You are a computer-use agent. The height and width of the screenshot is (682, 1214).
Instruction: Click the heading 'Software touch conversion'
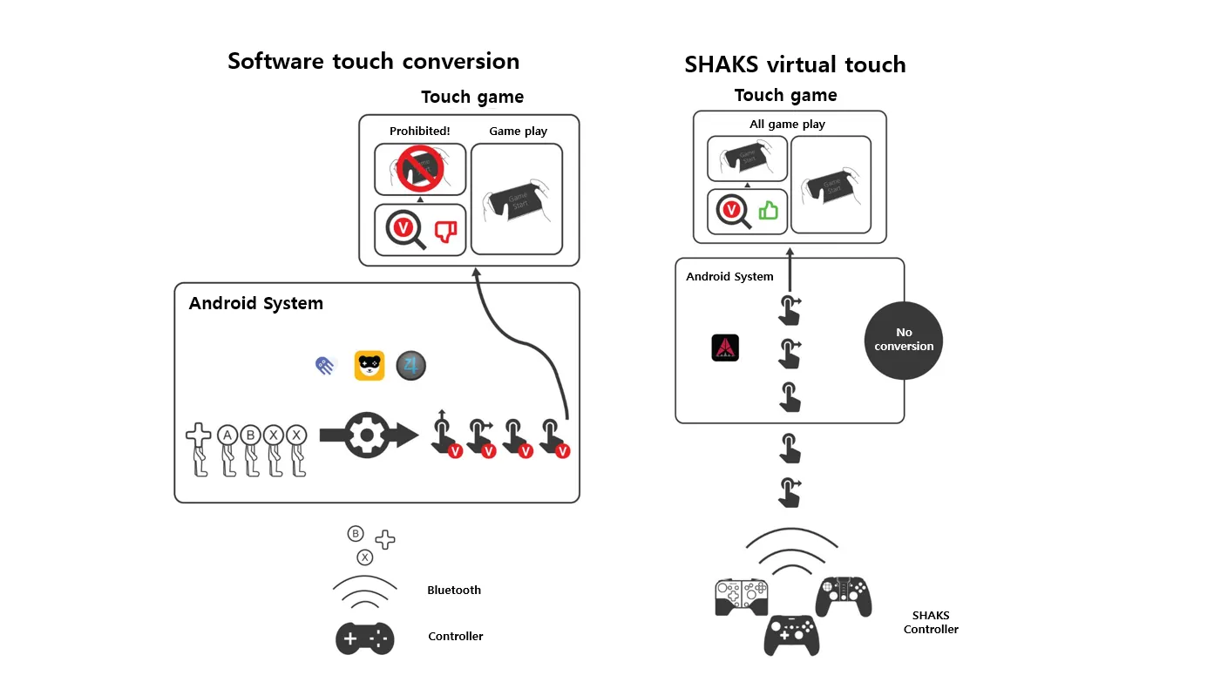pyautogui.click(x=373, y=61)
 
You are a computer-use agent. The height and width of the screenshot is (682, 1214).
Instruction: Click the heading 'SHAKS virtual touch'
pyautogui.click(x=795, y=64)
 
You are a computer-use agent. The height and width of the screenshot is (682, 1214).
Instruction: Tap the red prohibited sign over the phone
pyautogui.click(x=420, y=167)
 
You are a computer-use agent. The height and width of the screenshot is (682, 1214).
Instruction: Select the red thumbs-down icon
pyautogui.click(x=445, y=231)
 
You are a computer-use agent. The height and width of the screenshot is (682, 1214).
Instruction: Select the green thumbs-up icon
pyautogui.click(x=768, y=211)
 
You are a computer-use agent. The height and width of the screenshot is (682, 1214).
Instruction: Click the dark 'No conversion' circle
pyautogui.click(x=904, y=340)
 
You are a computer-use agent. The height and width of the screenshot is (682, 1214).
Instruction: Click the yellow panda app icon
pyautogui.click(x=370, y=366)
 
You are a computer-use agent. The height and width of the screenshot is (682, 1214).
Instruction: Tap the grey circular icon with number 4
pyautogui.click(x=410, y=366)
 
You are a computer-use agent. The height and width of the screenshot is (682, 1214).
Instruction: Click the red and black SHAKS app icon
pyautogui.click(x=725, y=348)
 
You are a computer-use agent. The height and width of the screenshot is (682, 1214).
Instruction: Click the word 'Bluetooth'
pyautogui.click(x=454, y=591)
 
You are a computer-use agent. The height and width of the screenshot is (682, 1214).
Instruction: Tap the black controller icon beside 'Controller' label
pyautogui.click(x=365, y=638)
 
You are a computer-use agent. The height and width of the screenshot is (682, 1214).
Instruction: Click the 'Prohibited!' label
pyautogui.click(x=419, y=132)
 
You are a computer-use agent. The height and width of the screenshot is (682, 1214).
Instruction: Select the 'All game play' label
pyautogui.click(x=787, y=125)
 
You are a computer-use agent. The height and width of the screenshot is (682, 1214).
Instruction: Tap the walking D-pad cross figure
pyautogui.click(x=200, y=449)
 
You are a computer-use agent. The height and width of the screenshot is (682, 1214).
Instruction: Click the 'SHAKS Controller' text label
pyautogui.click(x=930, y=623)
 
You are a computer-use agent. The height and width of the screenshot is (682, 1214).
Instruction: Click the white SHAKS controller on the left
pyautogui.click(x=742, y=598)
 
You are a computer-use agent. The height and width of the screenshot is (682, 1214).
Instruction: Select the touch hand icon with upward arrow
pyautogui.click(x=443, y=433)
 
